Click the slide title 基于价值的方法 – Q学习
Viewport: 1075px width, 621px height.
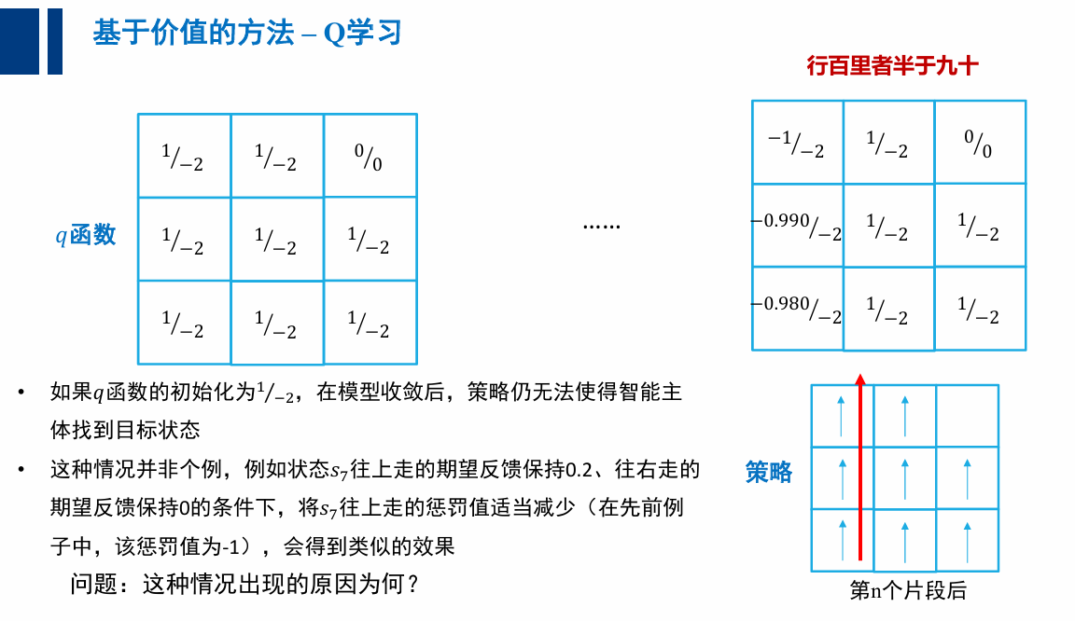[246, 34]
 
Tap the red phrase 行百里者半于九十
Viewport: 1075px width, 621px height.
[892, 66]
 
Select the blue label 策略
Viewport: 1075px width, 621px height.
[768, 472]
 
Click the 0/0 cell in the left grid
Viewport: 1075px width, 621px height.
[370, 156]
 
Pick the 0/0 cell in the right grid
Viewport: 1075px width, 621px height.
[979, 143]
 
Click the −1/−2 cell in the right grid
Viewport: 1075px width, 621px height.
[797, 143]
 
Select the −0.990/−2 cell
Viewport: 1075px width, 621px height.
[797, 226]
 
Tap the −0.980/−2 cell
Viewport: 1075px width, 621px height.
[797, 309]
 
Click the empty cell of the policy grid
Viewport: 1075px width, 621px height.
[967, 416]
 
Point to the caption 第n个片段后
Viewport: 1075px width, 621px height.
[907, 591]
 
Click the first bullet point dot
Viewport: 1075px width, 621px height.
[21, 393]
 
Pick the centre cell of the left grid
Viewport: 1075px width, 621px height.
[277, 240]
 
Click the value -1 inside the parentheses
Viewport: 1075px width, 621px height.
[230, 546]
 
